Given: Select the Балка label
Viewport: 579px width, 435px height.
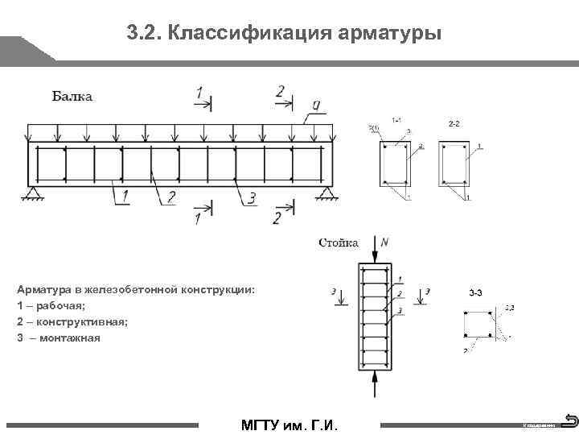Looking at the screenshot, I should coord(72,97).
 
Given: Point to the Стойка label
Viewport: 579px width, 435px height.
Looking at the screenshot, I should coord(339,242).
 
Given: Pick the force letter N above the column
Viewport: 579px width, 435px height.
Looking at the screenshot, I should coord(384,242).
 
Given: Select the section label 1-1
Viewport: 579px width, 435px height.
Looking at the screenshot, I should coord(396,120).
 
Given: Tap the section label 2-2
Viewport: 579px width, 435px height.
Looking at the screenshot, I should coord(454,123).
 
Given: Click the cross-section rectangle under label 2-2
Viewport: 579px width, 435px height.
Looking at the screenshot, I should coord(453,164).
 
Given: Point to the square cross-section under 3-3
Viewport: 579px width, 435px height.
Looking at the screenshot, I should coord(478,324).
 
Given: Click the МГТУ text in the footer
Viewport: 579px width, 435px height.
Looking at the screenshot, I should coord(257,425).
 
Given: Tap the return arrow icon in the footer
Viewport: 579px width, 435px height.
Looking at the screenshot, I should coord(569,420).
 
